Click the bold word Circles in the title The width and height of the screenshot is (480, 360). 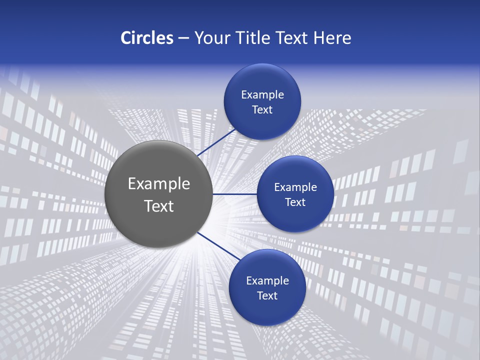click(147, 38)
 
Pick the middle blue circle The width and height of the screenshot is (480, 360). click(295, 220)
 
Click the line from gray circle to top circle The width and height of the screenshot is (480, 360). click(216, 142)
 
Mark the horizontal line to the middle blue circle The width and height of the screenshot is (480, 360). click(235, 194)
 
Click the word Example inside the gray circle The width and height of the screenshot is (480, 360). click(159, 184)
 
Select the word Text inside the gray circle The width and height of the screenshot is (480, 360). click(159, 206)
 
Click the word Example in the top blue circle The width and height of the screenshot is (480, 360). click(262, 95)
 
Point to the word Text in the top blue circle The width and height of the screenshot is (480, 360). click(262, 110)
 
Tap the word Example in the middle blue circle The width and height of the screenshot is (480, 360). click(295, 187)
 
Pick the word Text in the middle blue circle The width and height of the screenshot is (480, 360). click(295, 202)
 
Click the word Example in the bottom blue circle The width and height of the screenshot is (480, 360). click(267, 281)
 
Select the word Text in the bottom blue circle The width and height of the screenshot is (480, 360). click(267, 296)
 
